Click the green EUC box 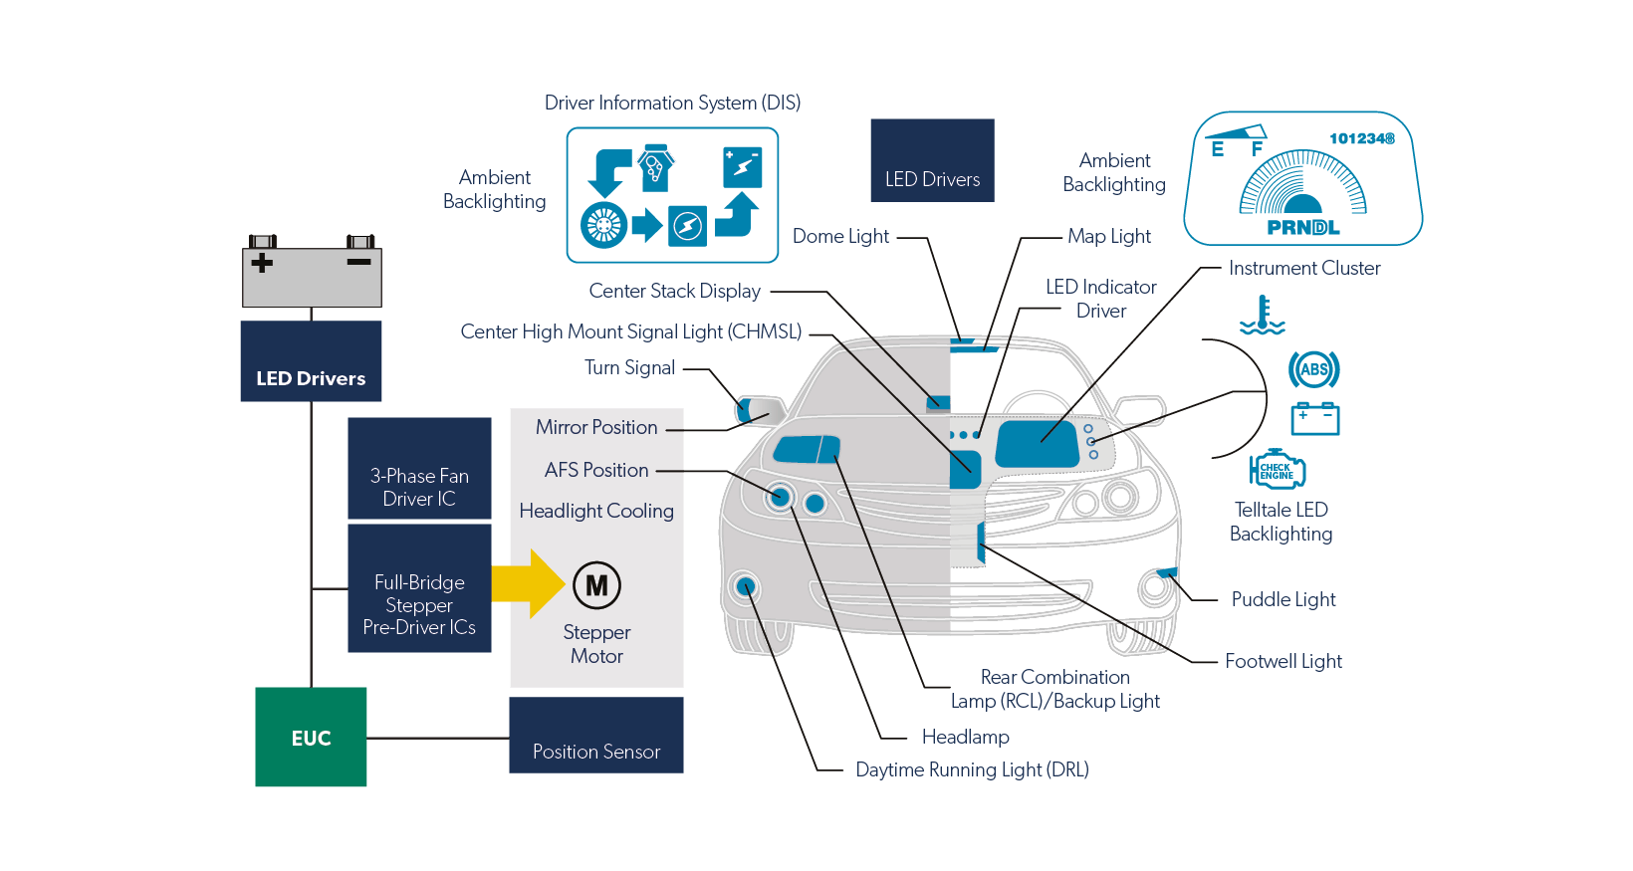tap(311, 738)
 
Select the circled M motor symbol tap(596, 585)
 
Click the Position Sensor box tap(596, 737)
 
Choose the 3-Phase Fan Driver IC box tap(419, 469)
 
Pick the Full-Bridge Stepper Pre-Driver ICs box tap(419, 589)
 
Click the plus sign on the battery tap(262, 263)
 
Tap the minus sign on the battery tap(358, 262)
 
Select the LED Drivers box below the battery tap(311, 362)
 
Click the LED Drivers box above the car tap(932, 161)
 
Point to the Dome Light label tap(840, 237)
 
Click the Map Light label tap(1109, 237)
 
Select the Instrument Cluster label tap(1304, 269)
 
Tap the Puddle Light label tap(1283, 600)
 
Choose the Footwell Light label tap(1283, 662)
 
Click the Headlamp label tap(965, 738)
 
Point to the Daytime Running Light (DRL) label tap(972, 770)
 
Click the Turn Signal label tap(629, 368)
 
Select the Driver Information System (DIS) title tap(672, 104)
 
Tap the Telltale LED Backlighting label tap(1281, 522)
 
